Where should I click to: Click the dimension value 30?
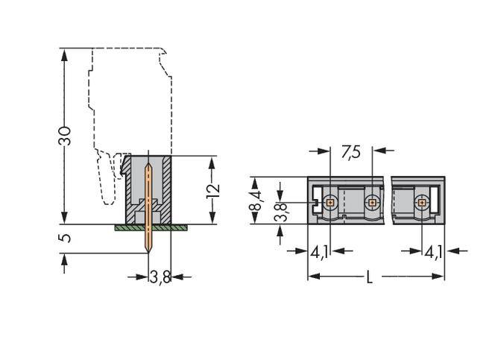pos(66,135)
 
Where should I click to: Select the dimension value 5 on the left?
pos(66,238)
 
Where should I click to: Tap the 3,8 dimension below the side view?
pos(160,277)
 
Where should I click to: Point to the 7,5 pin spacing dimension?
pos(350,151)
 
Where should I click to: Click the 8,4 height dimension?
pos(256,200)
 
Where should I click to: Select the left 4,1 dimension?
pos(319,252)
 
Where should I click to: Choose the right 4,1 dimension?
pos(433,252)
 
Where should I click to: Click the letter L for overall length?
pos(369,277)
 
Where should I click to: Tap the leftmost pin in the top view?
pos(330,201)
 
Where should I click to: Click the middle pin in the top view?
pos(372,201)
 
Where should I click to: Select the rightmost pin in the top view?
pos(422,201)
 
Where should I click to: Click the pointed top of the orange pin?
pos(149,167)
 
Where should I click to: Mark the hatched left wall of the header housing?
pos(128,186)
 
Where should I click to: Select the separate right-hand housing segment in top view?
pos(417,200)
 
